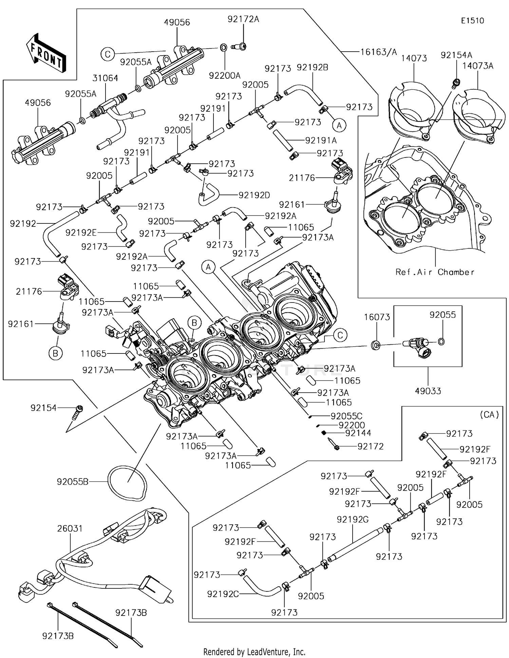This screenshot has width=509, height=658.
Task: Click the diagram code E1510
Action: (472, 21)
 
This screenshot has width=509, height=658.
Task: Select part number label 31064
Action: (105, 78)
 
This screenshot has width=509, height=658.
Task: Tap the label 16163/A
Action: (378, 52)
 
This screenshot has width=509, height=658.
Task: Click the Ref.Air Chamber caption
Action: (435, 272)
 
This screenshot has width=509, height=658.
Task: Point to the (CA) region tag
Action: (489, 415)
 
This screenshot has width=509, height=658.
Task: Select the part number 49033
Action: (428, 391)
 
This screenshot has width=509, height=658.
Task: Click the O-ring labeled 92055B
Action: (127, 481)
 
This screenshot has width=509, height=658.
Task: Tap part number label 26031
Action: (70, 528)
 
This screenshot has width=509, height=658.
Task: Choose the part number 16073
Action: (377, 317)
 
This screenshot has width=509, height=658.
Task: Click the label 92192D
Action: (254, 195)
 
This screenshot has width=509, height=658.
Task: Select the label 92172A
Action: (243, 19)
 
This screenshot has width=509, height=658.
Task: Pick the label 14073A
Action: (478, 66)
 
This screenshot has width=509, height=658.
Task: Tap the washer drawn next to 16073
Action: (376, 346)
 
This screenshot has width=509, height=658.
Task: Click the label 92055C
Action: (346, 416)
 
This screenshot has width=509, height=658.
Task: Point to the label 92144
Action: (358, 433)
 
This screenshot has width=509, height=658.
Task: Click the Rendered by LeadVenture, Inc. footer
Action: (254, 652)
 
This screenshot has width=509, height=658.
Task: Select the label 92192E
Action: (81, 233)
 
